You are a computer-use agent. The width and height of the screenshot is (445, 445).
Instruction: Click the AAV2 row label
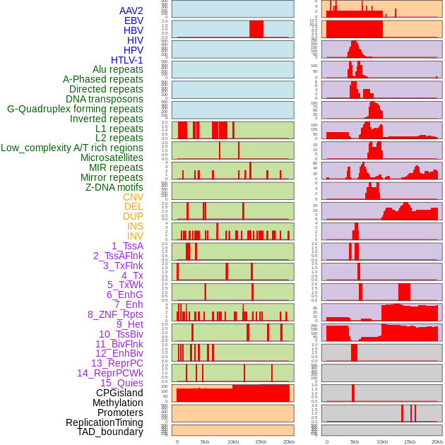131,11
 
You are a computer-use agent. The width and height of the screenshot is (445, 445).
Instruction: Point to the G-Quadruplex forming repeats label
75,109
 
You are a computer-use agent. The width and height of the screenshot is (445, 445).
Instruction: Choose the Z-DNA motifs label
114,187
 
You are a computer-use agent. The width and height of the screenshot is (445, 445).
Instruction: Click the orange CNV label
133,197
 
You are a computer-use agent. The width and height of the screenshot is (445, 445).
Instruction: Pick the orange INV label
135,236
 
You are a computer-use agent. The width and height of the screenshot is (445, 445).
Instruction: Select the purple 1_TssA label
127,246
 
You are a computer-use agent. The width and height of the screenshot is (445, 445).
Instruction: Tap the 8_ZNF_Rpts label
115,314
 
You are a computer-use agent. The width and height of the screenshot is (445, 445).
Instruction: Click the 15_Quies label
121,383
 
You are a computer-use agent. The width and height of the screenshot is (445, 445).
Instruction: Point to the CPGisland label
119,393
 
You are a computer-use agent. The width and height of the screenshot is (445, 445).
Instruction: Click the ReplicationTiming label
105,422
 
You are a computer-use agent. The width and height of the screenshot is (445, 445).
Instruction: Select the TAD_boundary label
110,432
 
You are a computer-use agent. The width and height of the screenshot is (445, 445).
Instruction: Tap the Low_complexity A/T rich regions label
72,148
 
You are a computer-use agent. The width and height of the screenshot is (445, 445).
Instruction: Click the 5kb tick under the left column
205,441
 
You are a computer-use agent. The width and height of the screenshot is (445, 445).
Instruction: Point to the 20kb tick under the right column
437,441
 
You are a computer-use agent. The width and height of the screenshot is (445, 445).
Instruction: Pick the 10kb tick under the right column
382,441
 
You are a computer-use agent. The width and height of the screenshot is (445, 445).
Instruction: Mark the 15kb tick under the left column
261,441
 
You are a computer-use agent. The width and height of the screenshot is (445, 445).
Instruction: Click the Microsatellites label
112,158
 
